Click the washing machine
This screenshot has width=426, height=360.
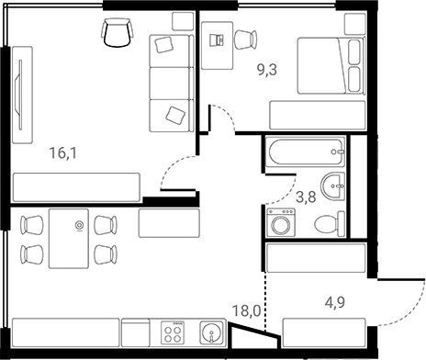279,223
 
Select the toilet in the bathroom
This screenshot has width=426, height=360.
326,223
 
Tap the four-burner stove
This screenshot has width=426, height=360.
172,332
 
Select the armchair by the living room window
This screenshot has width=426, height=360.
117,33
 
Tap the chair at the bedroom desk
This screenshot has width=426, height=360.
243,39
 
